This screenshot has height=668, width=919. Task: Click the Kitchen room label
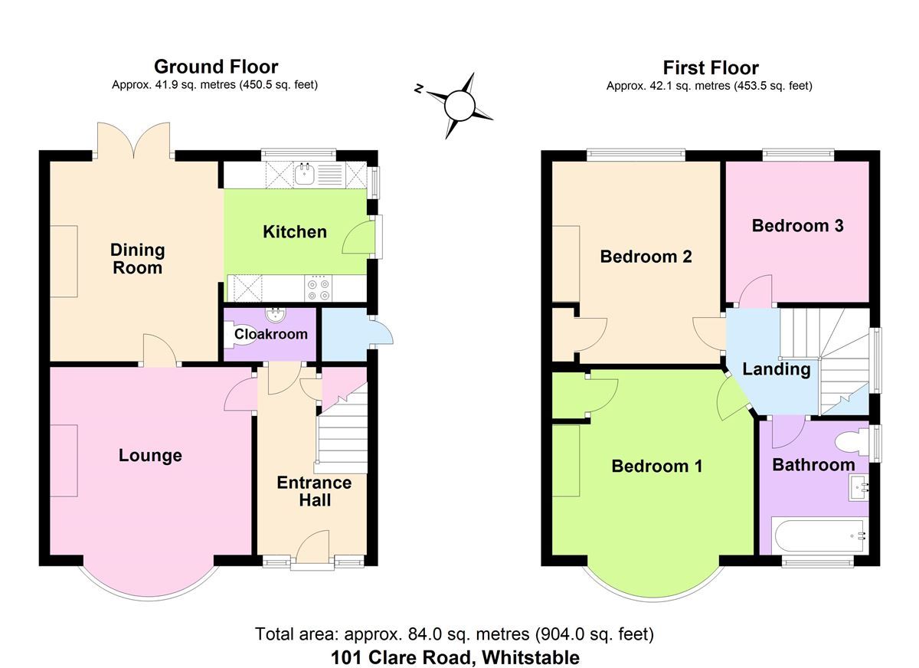click(295, 232)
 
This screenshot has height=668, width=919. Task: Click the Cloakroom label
click(270, 334)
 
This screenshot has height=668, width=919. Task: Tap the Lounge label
click(150, 456)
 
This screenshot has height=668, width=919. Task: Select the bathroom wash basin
click(860, 485)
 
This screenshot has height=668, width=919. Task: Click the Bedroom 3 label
click(797, 226)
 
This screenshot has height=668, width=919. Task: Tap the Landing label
click(777, 369)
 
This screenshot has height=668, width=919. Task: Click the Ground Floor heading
click(216, 67)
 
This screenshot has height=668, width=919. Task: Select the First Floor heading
click(711, 68)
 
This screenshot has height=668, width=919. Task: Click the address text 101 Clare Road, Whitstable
click(455, 657)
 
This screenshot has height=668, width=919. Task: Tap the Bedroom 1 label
click(656, 466)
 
